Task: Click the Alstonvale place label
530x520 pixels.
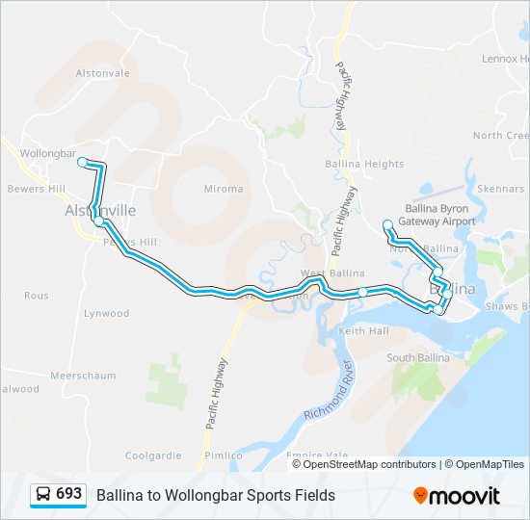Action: (94, 73)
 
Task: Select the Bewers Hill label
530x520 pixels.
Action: (35, 189)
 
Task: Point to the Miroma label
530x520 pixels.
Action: (224, 189)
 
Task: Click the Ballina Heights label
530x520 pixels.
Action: (364, 165)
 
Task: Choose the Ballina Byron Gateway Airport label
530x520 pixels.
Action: (439, 215)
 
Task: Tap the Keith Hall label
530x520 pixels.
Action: (364, 331)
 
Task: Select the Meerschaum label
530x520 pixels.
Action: (84, 376)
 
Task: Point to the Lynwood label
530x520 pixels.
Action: (106, 314)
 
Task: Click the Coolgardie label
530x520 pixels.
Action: (153, 455)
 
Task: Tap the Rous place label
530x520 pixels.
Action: (37, 296)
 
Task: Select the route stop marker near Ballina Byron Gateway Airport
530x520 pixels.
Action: (387, 224)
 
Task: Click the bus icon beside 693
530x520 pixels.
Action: (43, 494)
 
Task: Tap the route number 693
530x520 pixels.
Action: (69, 494)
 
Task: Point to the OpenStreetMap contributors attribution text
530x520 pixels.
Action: (370, 464)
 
